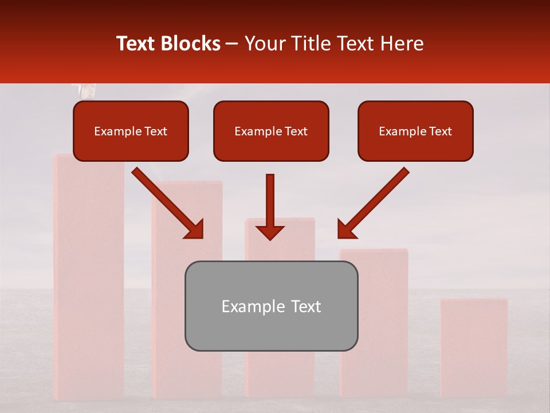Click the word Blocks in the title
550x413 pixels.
tap(191, 44)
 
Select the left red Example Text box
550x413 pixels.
tap(131, 131)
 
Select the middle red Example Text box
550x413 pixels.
tap(271, 131)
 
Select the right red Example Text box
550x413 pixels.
tap(415, 131)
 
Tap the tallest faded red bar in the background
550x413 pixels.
tap(89, 287)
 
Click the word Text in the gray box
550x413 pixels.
tap(304, 306)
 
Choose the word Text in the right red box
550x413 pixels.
tap(441, 131)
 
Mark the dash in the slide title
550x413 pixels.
tap(232, 44)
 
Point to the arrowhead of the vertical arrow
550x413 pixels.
tap(270, 232)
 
